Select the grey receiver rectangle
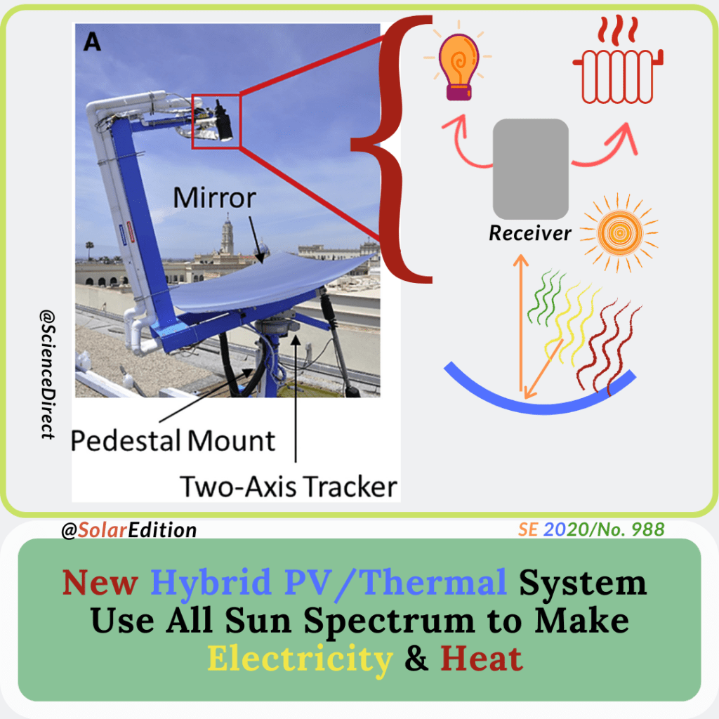click(x=530, y=169)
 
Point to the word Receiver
click(x=530, y=233)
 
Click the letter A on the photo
click(x=93, y=43)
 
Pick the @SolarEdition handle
click(x=129, y=529)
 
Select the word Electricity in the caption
click(x=299, y=659)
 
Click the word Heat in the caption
click(x=482, y=659)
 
